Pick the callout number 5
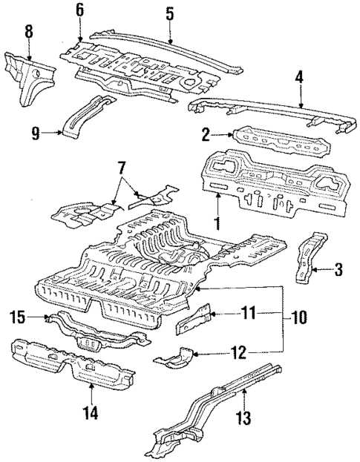pos(169,13)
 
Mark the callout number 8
pos(28,31)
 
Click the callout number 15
pos(18,319)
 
